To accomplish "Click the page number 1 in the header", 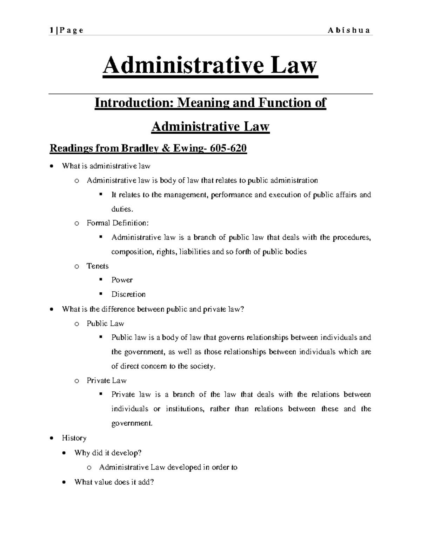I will [51, 30].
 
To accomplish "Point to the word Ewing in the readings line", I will [186, 148].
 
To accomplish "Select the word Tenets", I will [98, 266].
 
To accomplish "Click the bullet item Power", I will [122, 280].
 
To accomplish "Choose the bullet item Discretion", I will [128, 294].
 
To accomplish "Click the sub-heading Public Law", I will [105, 324].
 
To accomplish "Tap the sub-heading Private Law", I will [106, 380].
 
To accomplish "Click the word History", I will [74, 438].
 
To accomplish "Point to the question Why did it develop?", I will [108, 453].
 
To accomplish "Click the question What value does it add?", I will [114, 482].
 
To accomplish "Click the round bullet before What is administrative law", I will [52, 166].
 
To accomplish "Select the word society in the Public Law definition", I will [201, 366].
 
